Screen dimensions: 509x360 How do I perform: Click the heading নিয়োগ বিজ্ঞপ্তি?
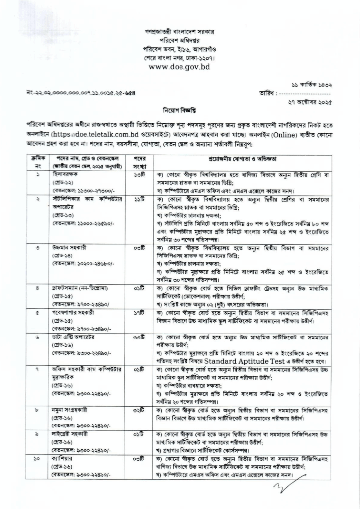click(180, 108)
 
